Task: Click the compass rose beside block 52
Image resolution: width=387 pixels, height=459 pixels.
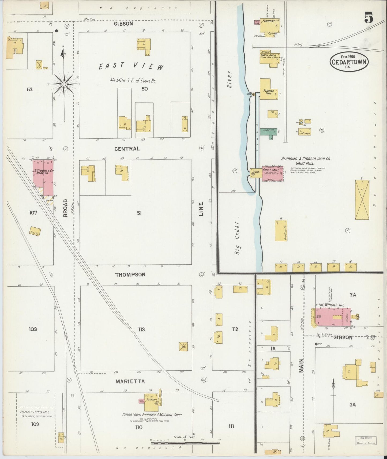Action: tap(64, 84)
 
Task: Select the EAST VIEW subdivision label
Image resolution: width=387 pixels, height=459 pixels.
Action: tap(131, 66)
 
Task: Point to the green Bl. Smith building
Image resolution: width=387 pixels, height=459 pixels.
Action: tap(269, 132)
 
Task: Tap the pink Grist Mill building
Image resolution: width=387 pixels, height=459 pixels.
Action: tap(272, 173)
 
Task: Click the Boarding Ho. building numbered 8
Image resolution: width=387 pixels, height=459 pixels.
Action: tap(281, 231)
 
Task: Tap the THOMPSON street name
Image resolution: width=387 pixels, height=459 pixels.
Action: tap(130, 275)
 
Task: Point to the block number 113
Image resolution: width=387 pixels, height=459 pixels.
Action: tap(141, 329)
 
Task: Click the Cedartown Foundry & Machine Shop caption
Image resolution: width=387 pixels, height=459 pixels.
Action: tap(152, 415)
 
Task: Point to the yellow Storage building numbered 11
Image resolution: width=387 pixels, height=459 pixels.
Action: tap(305, 132)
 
